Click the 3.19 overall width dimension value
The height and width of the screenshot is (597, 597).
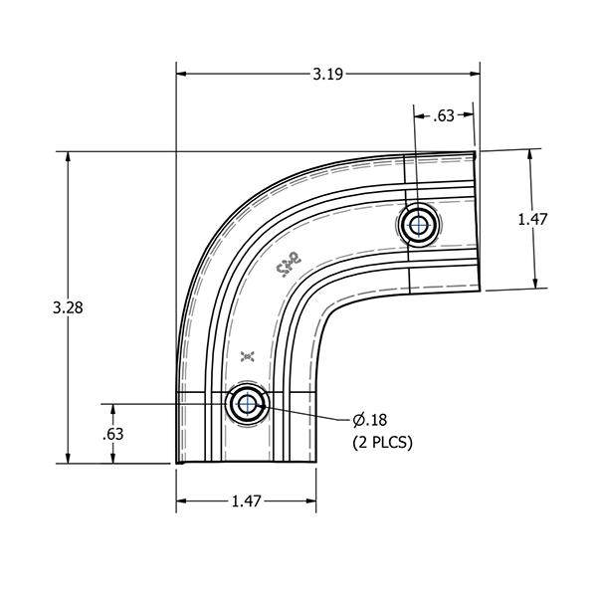(x=329, y=73)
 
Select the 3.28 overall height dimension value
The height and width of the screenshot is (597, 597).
(x=67, y=307)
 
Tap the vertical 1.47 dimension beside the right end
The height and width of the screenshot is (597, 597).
(x=534, y=220)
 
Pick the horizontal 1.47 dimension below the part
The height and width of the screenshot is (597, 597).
(x=245, y=501)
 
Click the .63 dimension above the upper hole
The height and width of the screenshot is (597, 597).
(x=444, y=116)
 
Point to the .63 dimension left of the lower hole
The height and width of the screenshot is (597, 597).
(x=112, y=434)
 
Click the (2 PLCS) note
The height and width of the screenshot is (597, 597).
(x=382, y=442)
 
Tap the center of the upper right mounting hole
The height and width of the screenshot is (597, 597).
(x=418, y=225)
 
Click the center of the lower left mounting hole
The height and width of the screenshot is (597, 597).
(x=245, y=404)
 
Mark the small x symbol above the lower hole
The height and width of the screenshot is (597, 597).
(x=249, y=355)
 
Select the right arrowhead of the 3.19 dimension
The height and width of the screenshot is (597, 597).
(x=475, y=73)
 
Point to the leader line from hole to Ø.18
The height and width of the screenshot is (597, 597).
(x=308, y=411)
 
